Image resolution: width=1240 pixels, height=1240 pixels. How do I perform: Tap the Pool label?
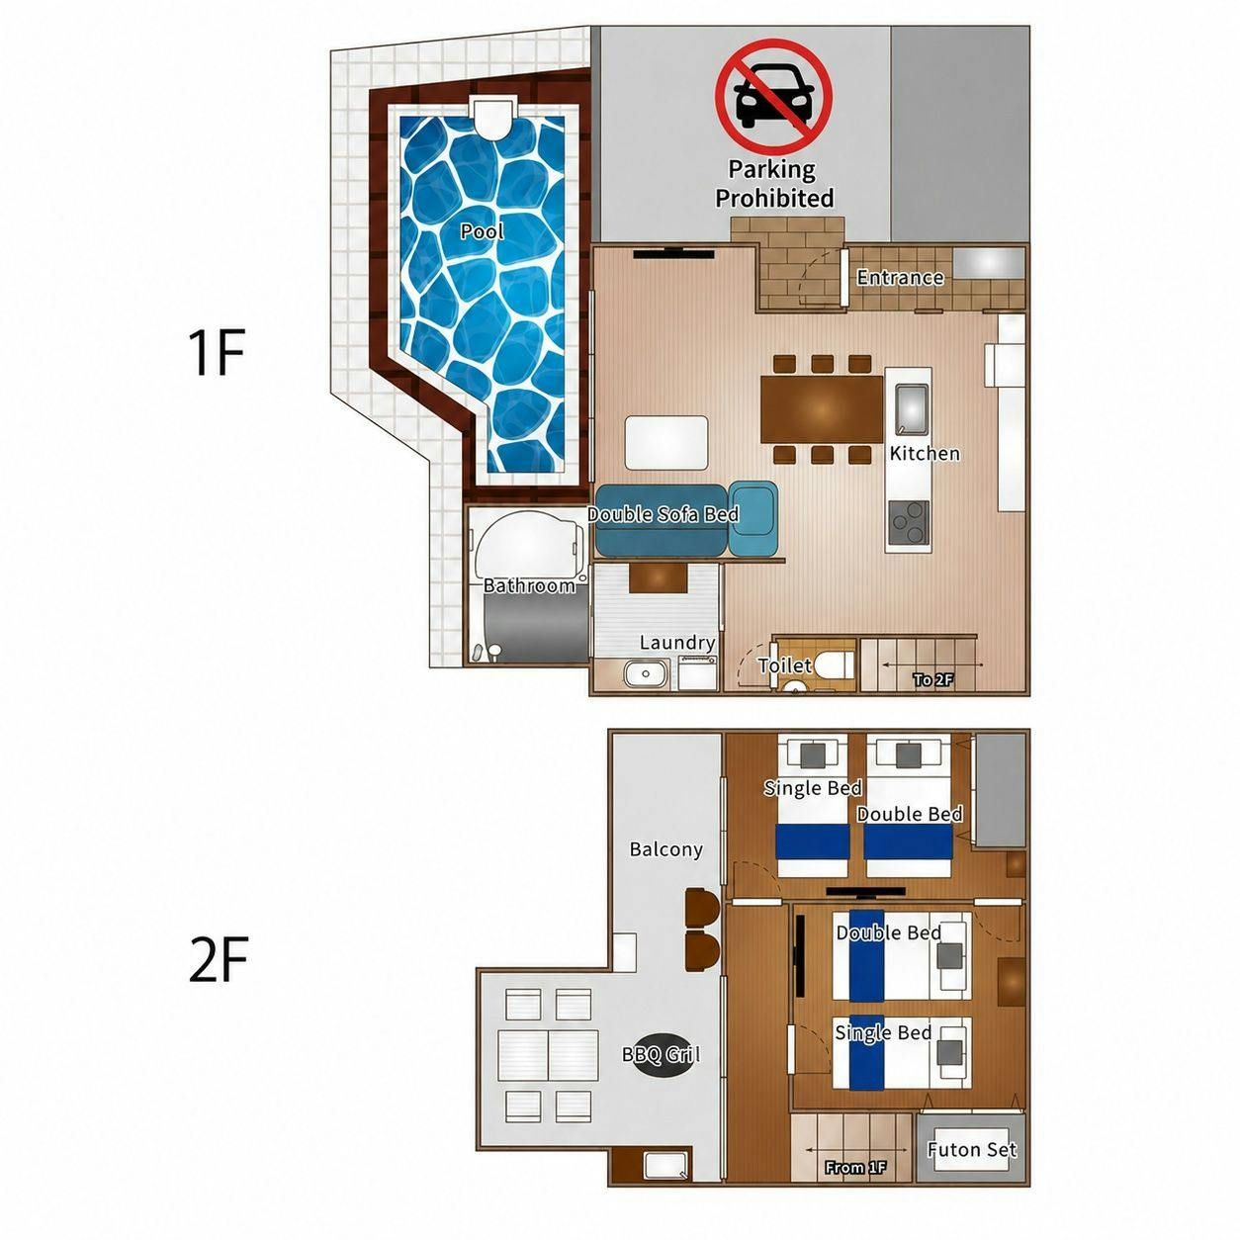coord(482,231)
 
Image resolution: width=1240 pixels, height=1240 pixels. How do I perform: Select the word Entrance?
coord(900,277)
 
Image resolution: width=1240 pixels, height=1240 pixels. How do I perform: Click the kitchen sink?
coord(912,408)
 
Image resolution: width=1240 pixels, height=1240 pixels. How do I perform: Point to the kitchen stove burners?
coord(910,522)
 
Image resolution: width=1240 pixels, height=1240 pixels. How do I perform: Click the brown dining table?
coord(822,409)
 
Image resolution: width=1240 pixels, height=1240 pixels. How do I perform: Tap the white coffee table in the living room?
coord(666,443)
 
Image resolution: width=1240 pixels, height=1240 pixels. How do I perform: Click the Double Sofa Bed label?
coord(663,514)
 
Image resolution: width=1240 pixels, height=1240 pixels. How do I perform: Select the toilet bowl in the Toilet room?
coord(833,665)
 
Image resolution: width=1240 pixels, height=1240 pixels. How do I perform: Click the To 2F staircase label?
coord(933,679)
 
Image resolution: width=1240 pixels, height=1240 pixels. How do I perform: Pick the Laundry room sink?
coord(646,674)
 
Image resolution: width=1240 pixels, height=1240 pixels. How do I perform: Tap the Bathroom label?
coord(529,585)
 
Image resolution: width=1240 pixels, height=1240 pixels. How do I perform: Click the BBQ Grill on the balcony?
coord(663,1055)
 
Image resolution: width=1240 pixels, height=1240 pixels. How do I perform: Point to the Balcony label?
coord(666,849)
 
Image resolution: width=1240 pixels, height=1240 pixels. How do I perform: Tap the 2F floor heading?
coord(219,960)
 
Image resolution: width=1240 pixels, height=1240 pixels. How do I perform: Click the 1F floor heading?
coord(217,352)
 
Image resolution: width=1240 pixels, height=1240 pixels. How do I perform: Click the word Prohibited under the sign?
coord(775,198)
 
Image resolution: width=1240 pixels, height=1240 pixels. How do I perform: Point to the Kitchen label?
coord(925,453)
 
